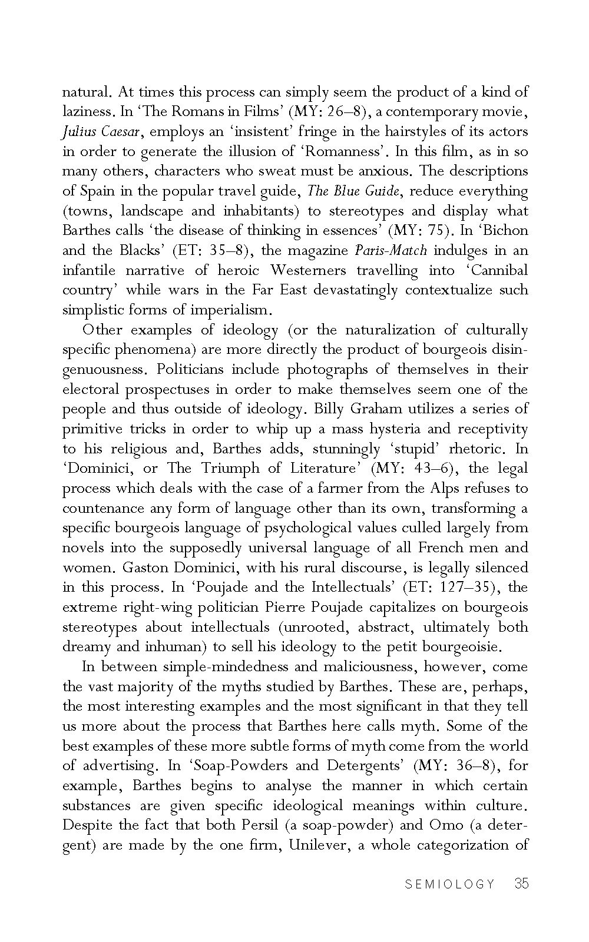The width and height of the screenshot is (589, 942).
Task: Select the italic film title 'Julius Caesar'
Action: tap(98, 131)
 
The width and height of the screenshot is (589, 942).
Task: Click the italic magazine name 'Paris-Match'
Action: tap(391, 250)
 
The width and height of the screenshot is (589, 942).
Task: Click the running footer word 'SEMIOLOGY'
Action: tap(450, 884)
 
